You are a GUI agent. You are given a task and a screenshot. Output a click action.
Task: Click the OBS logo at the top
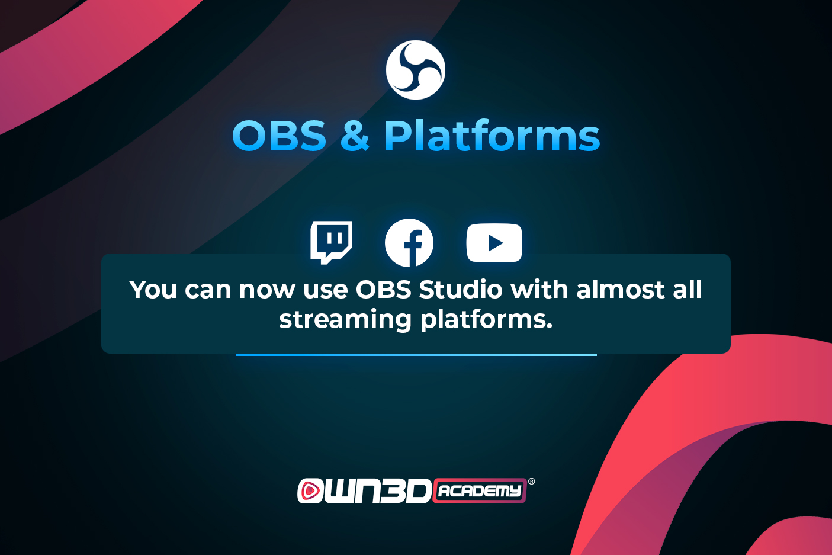click(x=416, y=70)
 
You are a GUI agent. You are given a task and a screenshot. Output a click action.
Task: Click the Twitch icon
click(x=331, y=243)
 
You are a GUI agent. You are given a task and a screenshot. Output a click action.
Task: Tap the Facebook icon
click(x=409, y=243)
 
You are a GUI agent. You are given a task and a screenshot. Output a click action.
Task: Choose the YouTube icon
click(x=494, y=243)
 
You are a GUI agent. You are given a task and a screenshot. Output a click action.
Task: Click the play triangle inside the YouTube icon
click(x=496, y=243)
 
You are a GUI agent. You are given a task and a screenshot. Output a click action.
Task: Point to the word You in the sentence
click(x=153, y=290)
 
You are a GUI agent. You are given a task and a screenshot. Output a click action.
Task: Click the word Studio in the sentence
click(x=461, y=289)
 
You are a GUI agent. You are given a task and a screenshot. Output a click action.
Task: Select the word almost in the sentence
click(x=621, y=289)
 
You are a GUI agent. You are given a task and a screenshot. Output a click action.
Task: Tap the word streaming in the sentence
click(x=345, y=320)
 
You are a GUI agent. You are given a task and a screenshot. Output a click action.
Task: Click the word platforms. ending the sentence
click(x=487, y=320)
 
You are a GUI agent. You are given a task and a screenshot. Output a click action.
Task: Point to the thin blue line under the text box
click(x=416, y=355)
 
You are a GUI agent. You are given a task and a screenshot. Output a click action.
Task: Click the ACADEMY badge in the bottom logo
click(x=480, y=490)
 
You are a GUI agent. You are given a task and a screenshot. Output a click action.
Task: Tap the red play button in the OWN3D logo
click(x=310, y=490)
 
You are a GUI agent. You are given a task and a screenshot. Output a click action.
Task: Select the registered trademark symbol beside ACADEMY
click(x=532, y=482)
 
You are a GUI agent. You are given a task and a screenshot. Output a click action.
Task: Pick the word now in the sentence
click(x=267, y=290)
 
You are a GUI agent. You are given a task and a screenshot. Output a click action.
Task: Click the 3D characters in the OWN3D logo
click(x=406, y=491)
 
